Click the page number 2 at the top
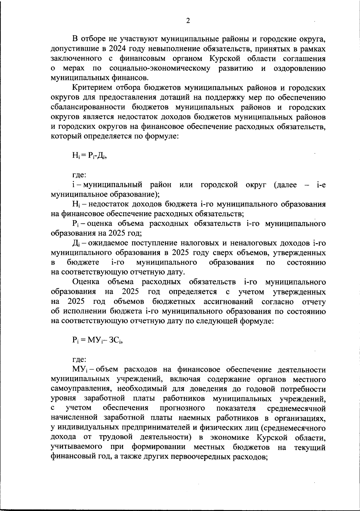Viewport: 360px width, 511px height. [x=188, y=20]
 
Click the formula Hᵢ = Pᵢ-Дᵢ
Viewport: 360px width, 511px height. [x=89, y=156]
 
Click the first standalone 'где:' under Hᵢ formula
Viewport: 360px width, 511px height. [x=79, y=175]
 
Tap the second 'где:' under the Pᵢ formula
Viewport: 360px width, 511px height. [x=79, y=360]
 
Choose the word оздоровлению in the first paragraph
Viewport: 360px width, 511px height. [x=300, y=68]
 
